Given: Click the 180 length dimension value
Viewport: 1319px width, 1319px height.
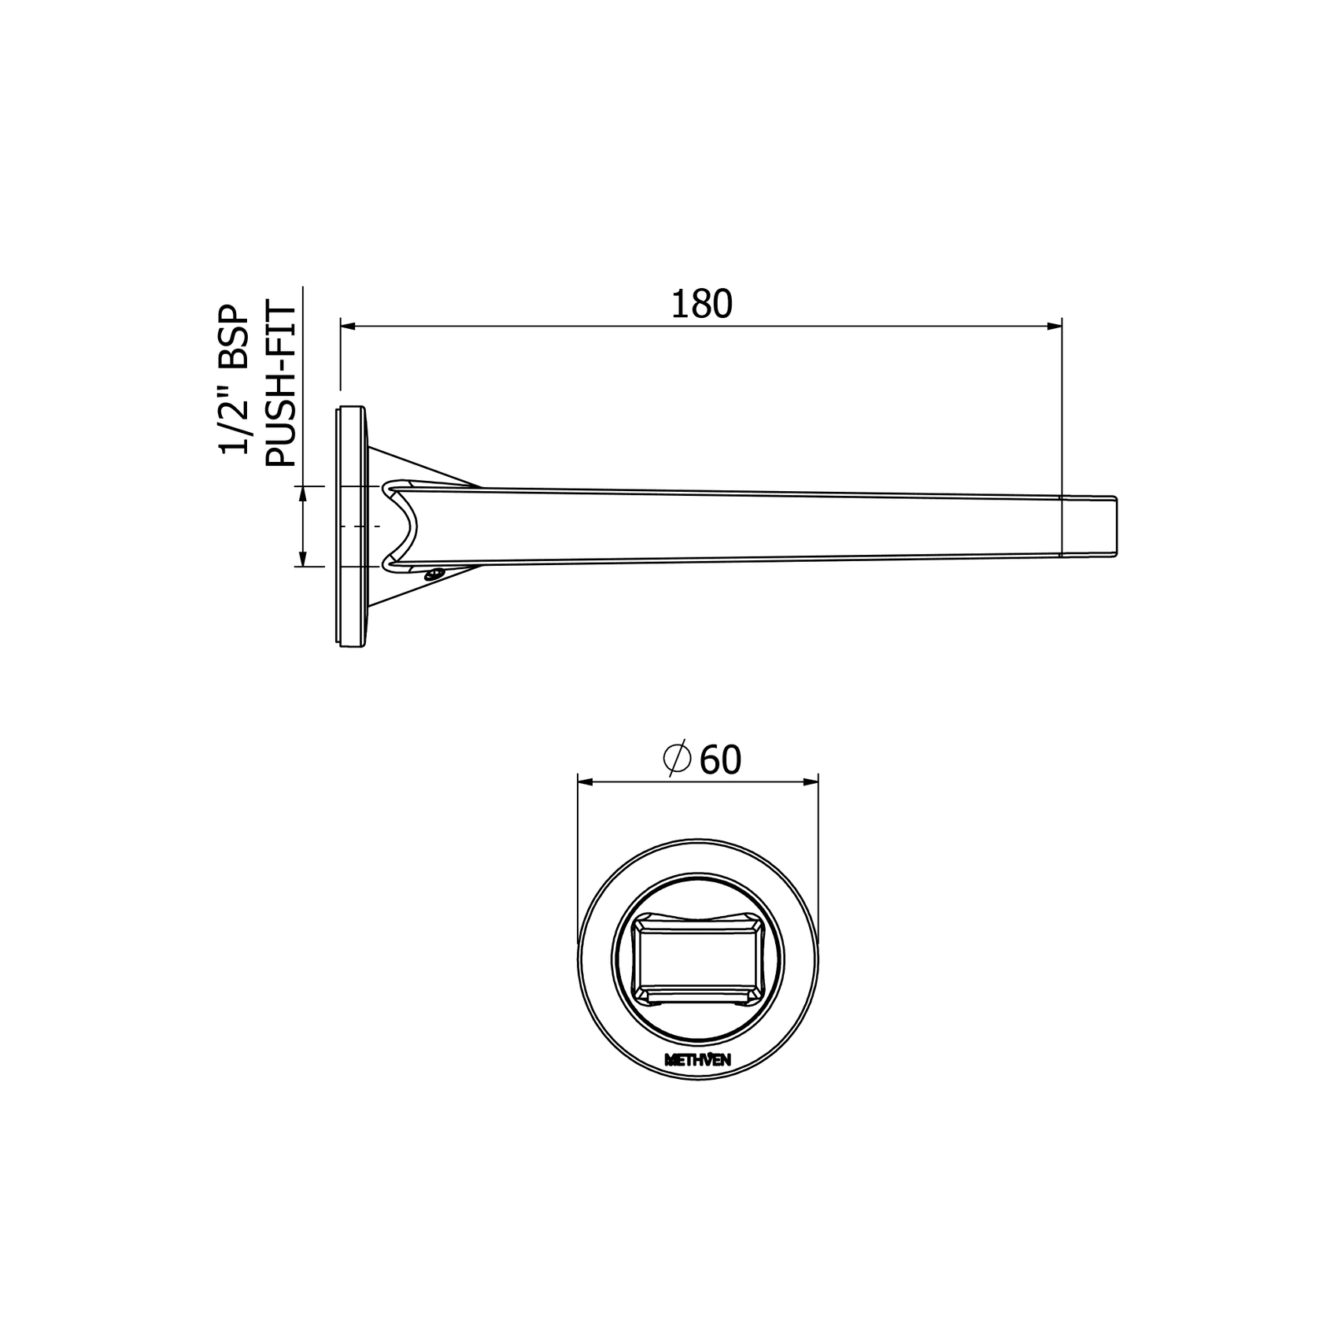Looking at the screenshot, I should click(x=701, y=305).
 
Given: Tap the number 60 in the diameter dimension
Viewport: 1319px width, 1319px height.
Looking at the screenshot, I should click(x=720, y=760).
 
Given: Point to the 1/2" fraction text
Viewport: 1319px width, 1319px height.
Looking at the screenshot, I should click(x=234, y=423).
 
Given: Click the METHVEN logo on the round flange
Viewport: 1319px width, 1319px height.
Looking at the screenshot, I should click(x=698, y=1060).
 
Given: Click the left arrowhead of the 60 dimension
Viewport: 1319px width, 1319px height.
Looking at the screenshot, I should click(x=587, y=781).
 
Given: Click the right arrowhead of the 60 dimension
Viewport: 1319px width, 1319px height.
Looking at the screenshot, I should click(x=810, y=781).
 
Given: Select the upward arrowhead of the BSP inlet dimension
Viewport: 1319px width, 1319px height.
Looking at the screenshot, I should click(x=301, y=495).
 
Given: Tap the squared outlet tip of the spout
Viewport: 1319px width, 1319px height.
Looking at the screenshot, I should click(x=1091, y=526).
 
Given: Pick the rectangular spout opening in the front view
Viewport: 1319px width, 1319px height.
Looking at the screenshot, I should click(x=698, y=959).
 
